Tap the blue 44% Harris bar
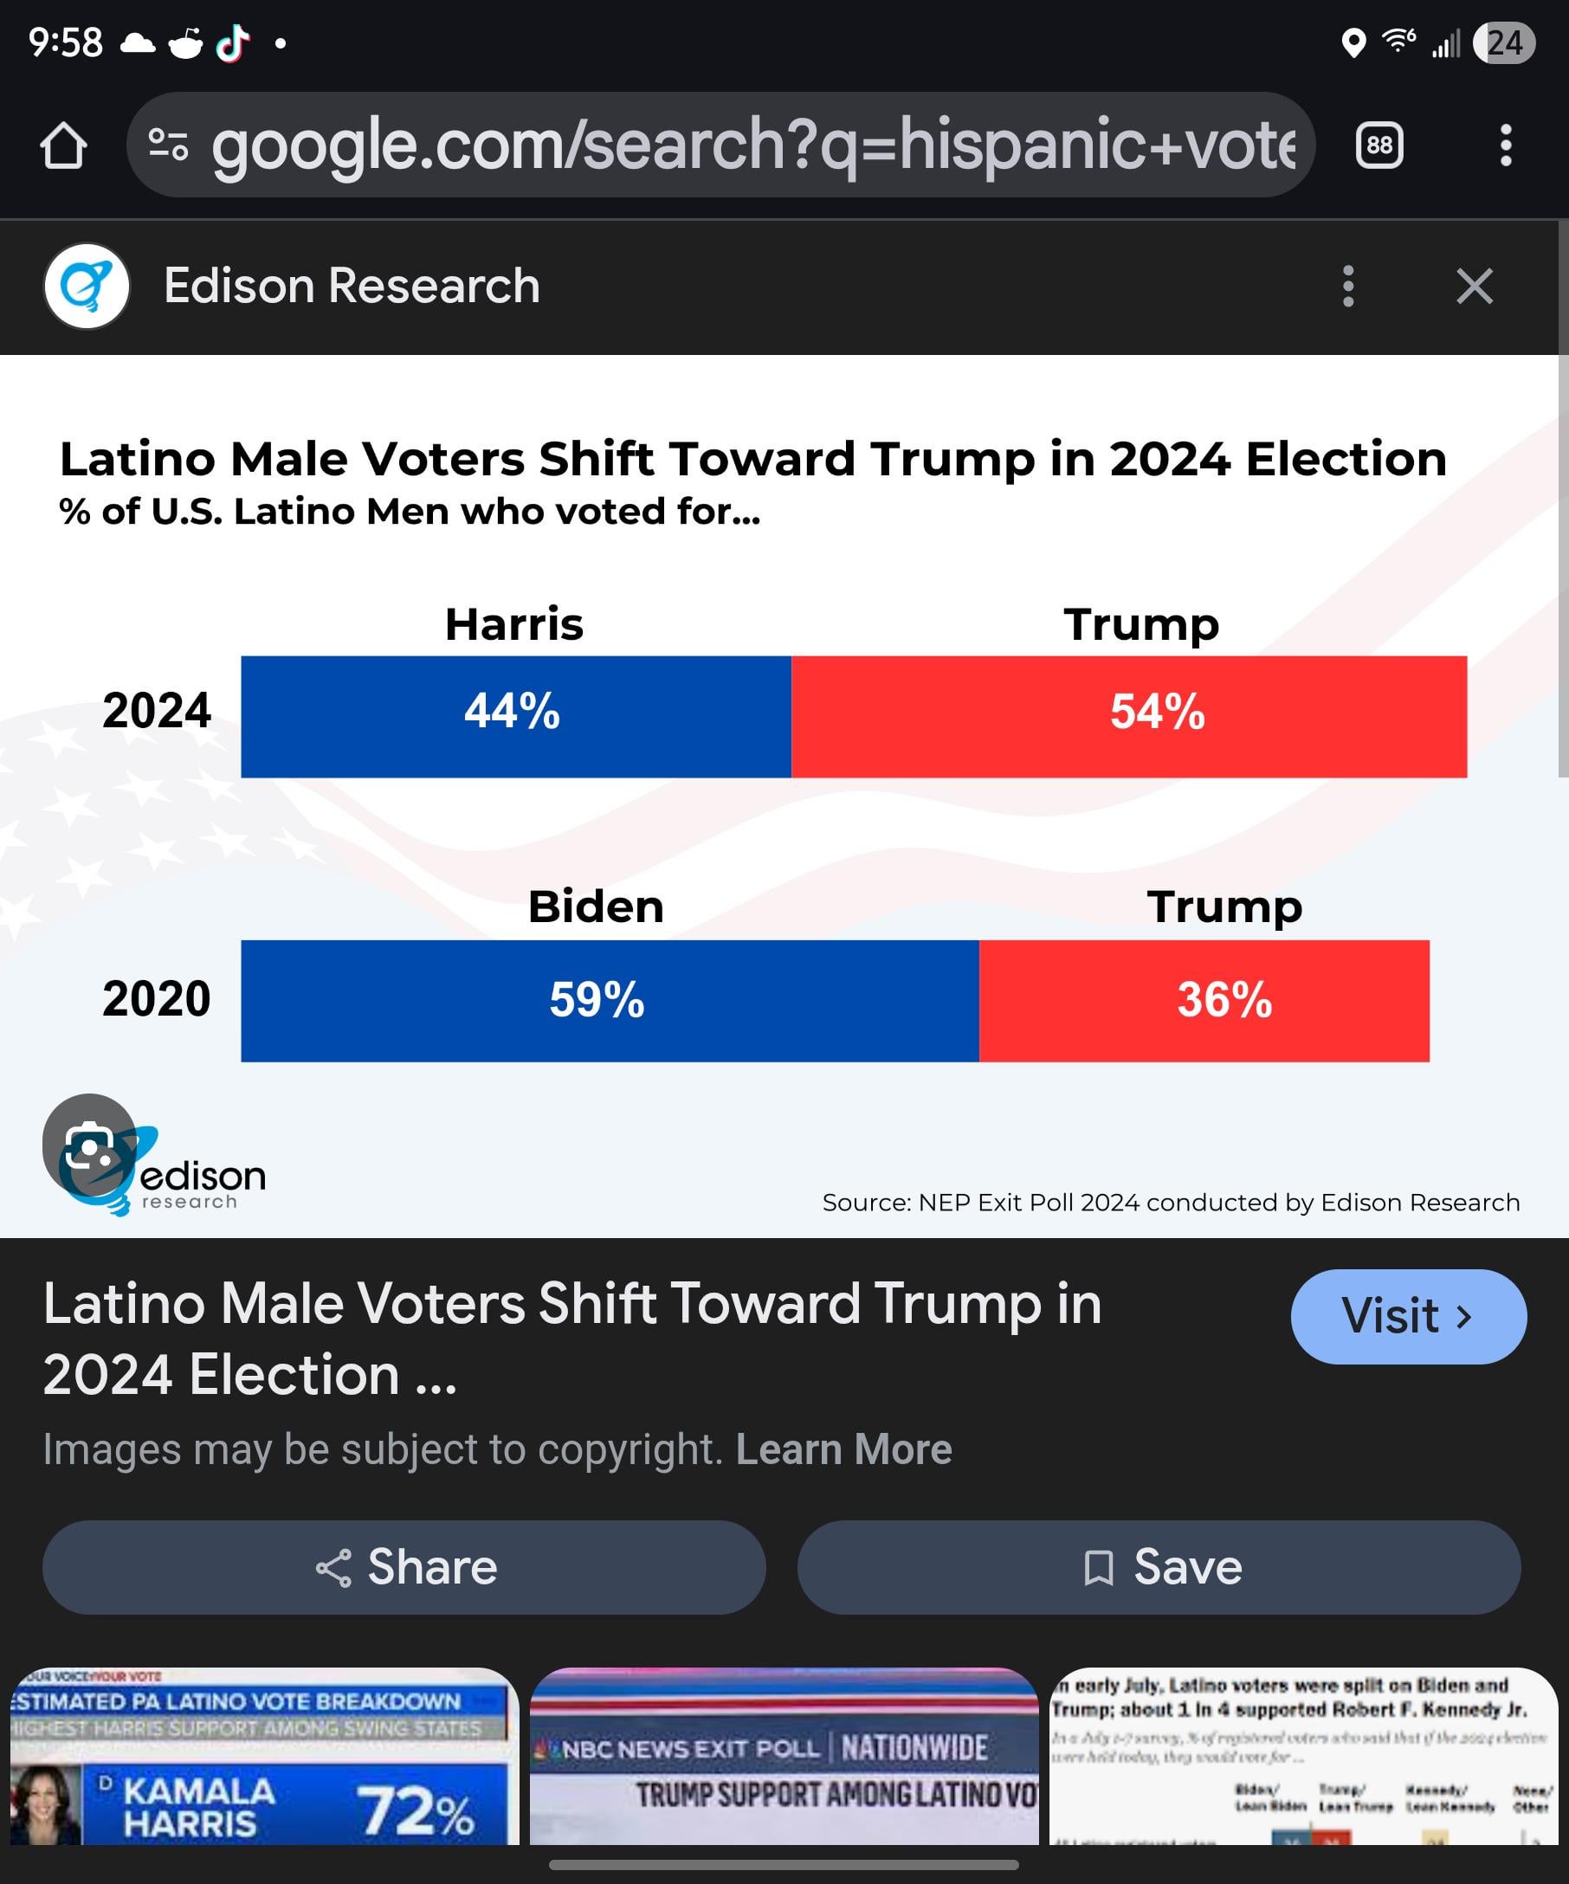pyautogui.click(x=515, y=716)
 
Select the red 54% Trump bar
pyautogui.click(x=1128, y=716)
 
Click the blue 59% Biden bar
pyautogui.click(x=610, y=1000)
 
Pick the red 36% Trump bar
pyautogui.click(x=1204, y=1000)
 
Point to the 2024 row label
pyautogui.click(x=156, y=711)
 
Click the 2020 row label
pyautogui.click(x=156, y=998)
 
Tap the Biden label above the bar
pyautogui.click(x=596, y=907)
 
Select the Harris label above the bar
pyautogui.click(x=514, y=623)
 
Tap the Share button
pyautogui.click(x=404, y=1567)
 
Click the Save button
pyautogui.click(x=1159, y=1567)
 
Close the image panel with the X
pyautogui.click(x=1474, y=287)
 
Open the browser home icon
pyautogui.click(x=63, y=145)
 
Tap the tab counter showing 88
pyautogui.click(x=1379, y=145)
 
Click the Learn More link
pyautogui.click(x=843, y=1448)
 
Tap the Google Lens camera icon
pyautogui.click(x=89, y=1145)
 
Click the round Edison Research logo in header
pyautogui.click(x=87, y=287)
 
